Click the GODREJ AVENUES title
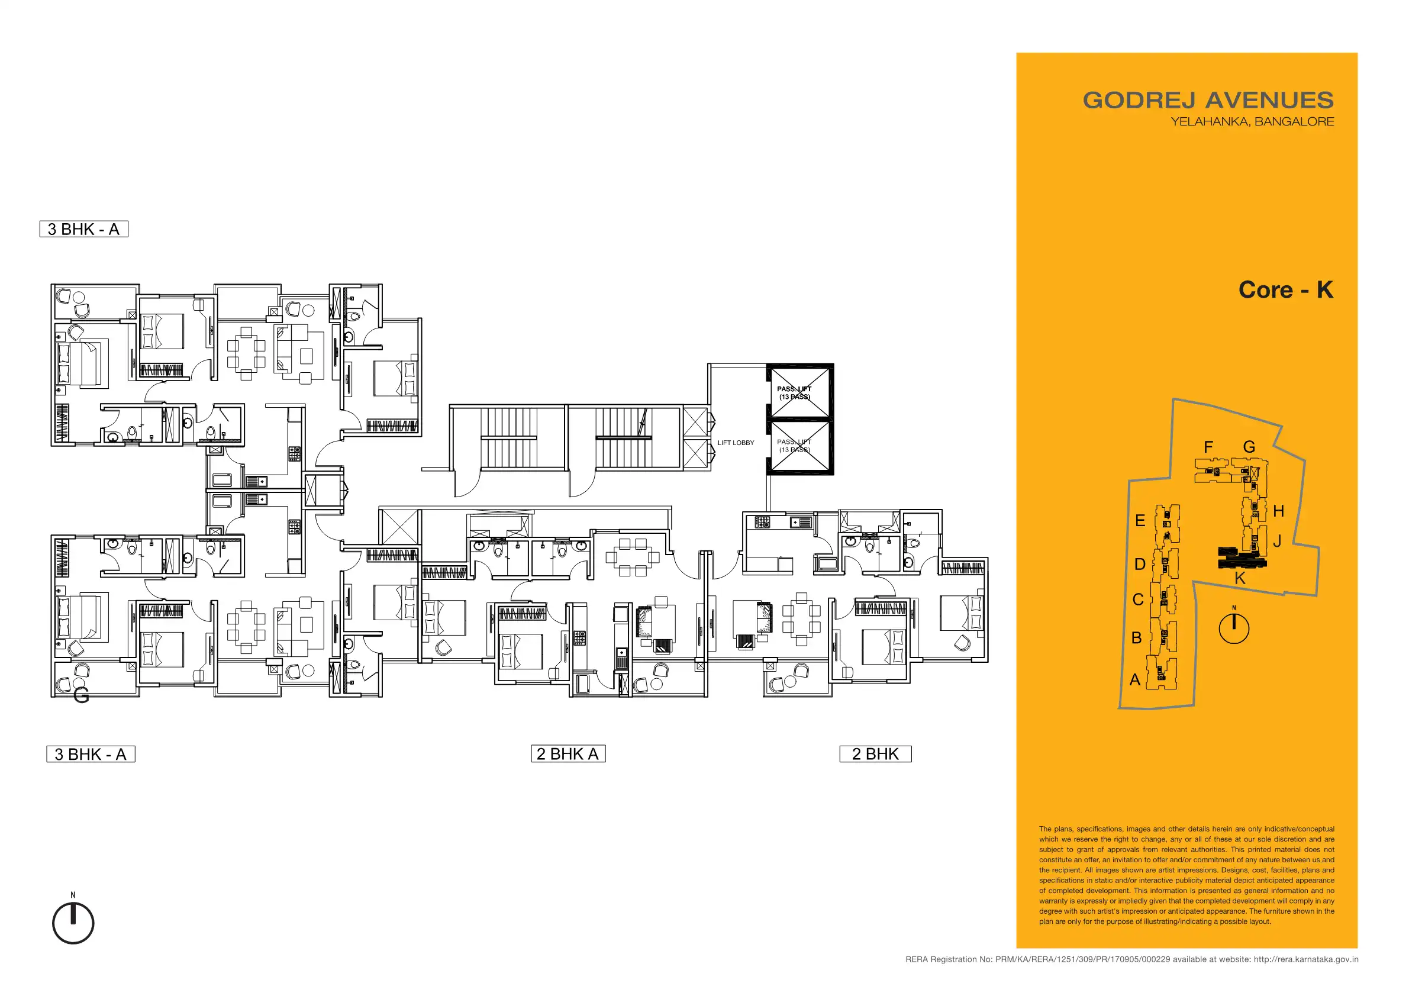1208,100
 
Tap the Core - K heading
1286,289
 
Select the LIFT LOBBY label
736,443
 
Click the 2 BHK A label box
568,753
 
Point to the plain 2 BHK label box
875,753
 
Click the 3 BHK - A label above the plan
84,229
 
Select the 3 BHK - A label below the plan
91,754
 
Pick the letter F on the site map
1208,447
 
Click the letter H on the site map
1278,511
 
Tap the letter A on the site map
1134,679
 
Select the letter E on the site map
1140,520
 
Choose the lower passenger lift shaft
800,446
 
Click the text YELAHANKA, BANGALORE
1252,121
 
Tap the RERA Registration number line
1131,959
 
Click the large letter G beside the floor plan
81,695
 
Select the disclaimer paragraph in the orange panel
1186,875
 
